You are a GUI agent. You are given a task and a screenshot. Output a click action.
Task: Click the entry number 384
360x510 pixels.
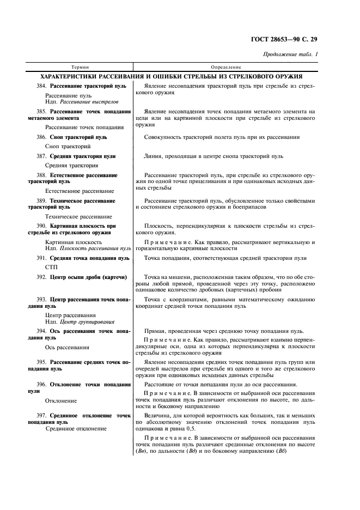pyautogui.click(x=41, y=86)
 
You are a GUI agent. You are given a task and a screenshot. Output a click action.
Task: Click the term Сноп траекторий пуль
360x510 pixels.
pyautogui.click(x=78, y=137)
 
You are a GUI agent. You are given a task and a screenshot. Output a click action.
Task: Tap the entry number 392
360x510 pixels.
pyautogui.click(x=41, y=277)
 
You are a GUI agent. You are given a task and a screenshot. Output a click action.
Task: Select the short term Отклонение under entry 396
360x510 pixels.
pyautogui.click(x=61, y=400)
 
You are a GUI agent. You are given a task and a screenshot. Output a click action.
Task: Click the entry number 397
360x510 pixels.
pyautogui.click(x=41, y=415)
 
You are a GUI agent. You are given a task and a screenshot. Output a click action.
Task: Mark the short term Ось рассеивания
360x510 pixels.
pyautogui.click(x=68, y=347)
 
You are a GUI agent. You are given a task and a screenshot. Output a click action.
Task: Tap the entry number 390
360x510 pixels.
pyautogui.click(x=41, y=225)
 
